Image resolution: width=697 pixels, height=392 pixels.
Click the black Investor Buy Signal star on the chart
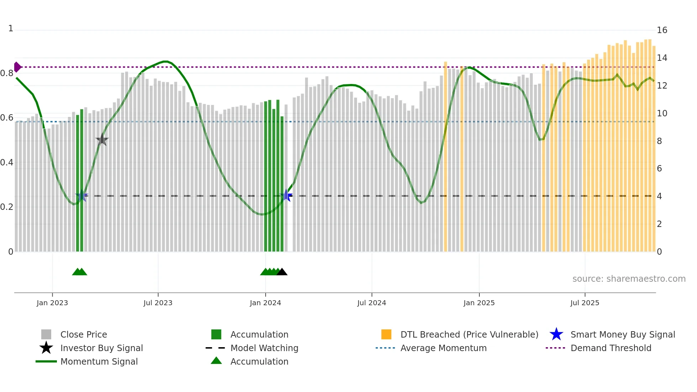coord(102,140)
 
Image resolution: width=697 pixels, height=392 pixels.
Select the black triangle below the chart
coord(282,272)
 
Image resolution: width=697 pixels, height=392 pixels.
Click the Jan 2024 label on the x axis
coord(265,303)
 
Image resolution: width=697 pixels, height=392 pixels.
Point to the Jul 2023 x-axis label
coord(158,303)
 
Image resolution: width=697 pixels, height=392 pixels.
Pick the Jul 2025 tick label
coord(585,303)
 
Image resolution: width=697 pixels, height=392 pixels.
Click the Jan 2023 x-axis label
coord(52,303)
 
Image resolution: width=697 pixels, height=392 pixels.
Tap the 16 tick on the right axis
coord(662,30)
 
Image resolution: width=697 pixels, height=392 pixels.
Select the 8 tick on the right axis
coord(659,141)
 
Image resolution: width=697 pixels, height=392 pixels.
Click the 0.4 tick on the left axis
coord(7,163)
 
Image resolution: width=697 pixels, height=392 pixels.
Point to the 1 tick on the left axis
coord(11,28)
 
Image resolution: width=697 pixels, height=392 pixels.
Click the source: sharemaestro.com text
coord(629,279)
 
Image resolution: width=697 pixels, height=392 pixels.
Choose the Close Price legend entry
coord(84,334)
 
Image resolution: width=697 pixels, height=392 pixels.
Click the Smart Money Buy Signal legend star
coord(556,334)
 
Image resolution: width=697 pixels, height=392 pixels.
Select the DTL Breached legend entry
coord(469,334)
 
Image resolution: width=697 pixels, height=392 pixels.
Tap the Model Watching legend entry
coord(264,348)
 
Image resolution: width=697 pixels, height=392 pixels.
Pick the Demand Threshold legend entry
coord(611,348)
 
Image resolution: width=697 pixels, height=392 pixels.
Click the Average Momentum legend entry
coord(443,348)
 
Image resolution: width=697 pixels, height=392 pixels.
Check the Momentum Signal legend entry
coord(99,361)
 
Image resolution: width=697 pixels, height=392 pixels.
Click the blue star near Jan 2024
coord(286,195)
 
